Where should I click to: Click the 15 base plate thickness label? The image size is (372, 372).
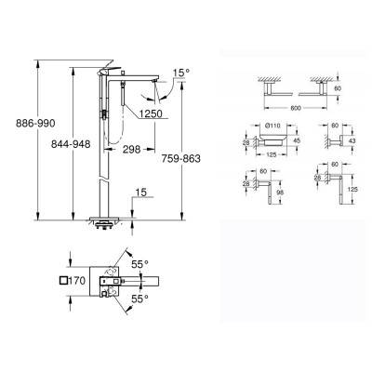(x=139, y=193)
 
